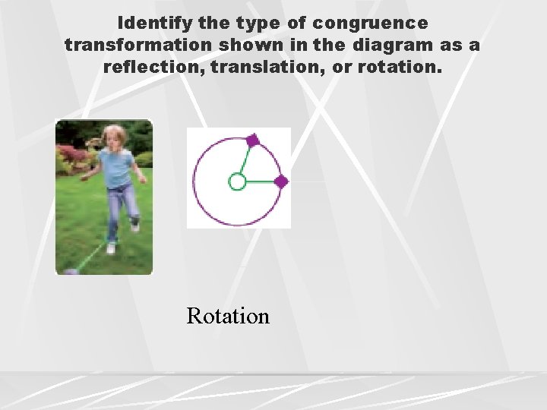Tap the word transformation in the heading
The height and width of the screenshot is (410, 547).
click(x=138, y=45)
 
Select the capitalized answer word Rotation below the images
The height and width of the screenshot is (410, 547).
click(x=228, y=315)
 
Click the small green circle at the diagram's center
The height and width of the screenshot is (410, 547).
click(x=237, y=181)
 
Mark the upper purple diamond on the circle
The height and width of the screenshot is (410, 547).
click(x=252, y=140)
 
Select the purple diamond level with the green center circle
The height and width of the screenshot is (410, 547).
click(x=280, y=181)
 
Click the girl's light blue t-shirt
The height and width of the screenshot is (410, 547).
click(x=117, y=168)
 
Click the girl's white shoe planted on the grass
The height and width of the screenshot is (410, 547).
click(x=111, y=248)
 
